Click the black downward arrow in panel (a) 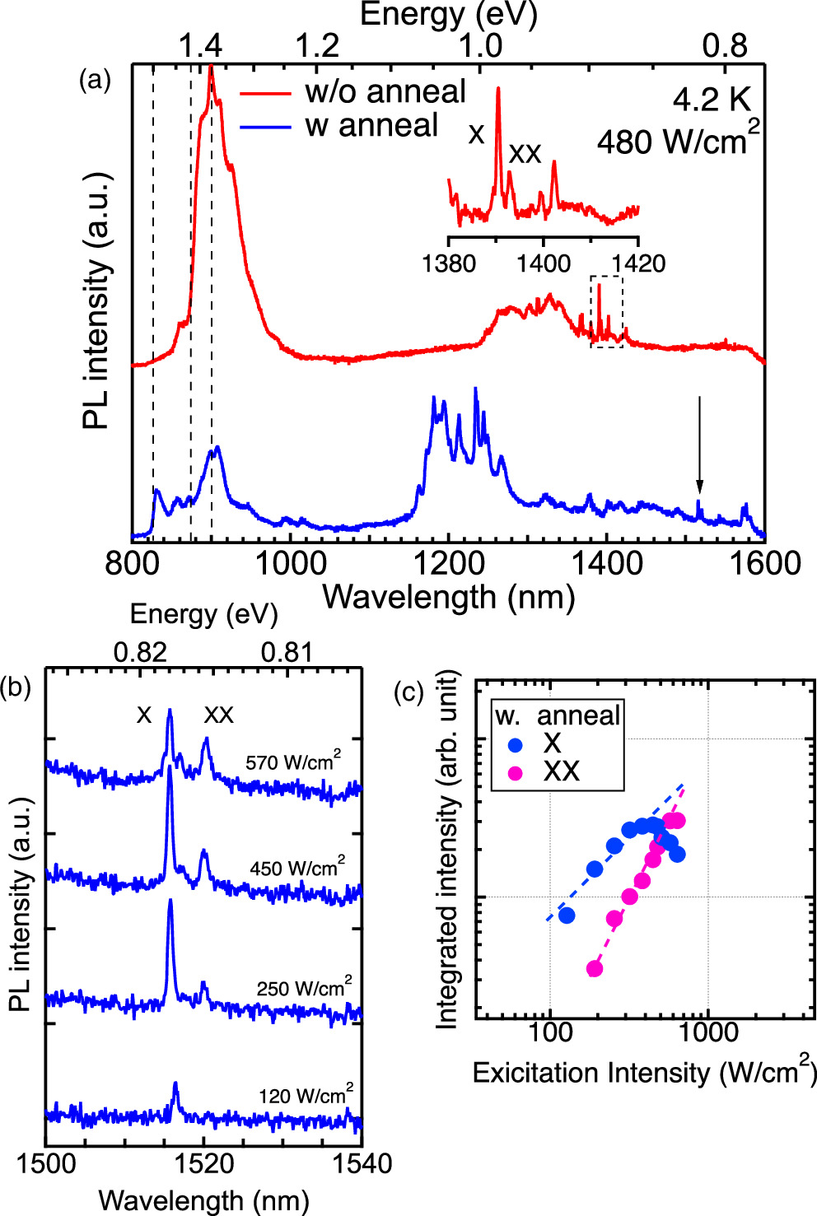699,445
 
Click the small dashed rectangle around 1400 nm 606,311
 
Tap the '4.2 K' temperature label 712,100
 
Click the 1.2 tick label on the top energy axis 317,46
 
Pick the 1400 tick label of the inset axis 543,263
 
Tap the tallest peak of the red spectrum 211,70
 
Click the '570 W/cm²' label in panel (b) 292,762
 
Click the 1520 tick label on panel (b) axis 203,1164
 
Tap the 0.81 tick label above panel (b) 287,653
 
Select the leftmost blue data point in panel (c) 567,915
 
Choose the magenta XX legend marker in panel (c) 516,773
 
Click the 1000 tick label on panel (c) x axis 706,1032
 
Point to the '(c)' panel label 409,692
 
